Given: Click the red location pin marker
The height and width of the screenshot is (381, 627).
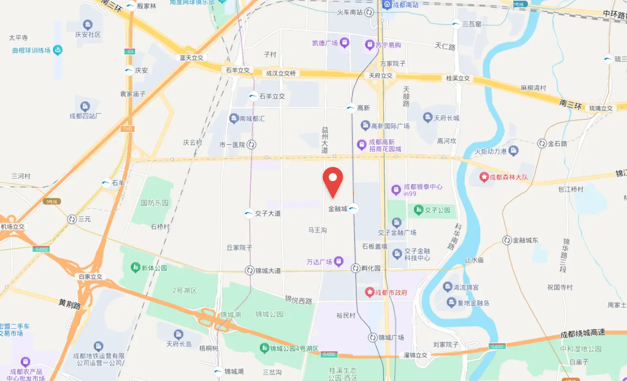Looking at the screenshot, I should (333, 181).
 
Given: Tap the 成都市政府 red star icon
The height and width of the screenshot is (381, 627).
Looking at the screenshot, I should (370, 292).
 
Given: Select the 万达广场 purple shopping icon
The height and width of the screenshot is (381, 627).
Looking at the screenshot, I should (339, 261).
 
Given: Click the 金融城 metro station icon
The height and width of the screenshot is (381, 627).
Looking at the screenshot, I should (353, 208).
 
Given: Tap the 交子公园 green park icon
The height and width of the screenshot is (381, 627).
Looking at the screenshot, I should (418, 209).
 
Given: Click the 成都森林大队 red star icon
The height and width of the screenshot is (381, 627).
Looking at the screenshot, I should (484, 177).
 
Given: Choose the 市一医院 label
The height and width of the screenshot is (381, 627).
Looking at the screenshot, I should (232, 144).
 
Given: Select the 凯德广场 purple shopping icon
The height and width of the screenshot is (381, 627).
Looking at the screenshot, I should (345, 43).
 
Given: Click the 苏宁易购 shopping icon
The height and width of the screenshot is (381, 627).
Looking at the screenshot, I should (370, 45).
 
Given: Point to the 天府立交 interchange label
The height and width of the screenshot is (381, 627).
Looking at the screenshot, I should (381, 76).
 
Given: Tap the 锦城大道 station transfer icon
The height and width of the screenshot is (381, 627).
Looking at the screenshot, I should (249, 271).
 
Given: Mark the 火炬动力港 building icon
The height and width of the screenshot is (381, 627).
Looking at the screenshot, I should (513, 151).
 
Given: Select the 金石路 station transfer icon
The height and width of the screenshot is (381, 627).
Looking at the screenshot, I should (542, 143).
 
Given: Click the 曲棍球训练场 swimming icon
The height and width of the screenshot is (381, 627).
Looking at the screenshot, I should (58, 50).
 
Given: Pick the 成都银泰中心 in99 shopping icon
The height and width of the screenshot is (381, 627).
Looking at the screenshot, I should (396, 190).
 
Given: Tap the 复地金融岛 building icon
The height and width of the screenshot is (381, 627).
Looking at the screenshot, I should (451, 302).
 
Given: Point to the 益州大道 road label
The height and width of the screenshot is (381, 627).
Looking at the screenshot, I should (325, 140).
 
